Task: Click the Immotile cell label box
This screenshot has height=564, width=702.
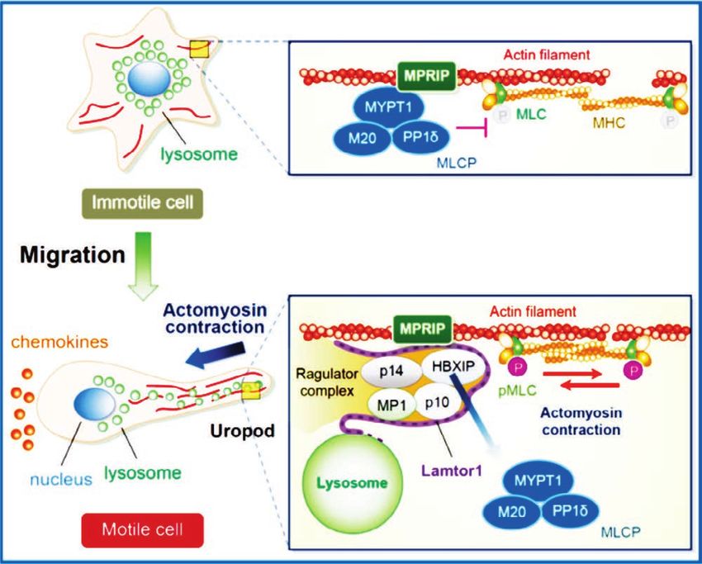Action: (142, 204)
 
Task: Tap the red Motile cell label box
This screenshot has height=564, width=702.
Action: (142, 530)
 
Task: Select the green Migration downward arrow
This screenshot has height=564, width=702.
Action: (144, 266)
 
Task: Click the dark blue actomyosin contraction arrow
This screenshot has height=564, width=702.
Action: (216, 354)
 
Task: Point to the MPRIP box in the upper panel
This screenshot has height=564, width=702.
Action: (427, 76)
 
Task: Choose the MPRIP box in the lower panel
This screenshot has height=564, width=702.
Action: (423, 329)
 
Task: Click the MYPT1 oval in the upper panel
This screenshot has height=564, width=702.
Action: (388, 107)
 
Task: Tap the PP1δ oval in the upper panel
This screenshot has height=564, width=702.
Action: (420, 137)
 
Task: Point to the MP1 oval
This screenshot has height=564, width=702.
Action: (391, 405)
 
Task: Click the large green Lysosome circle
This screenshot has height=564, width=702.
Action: (353, 483)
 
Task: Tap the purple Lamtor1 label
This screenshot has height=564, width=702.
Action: (451, 471)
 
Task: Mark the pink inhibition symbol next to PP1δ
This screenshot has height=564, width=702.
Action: (472, 129)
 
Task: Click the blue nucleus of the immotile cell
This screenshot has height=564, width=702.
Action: (149, 79)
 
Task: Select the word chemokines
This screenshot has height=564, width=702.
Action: (59, 342)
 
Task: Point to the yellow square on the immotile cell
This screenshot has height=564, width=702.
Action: (199, 50)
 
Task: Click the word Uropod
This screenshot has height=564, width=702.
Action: (242, 430)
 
